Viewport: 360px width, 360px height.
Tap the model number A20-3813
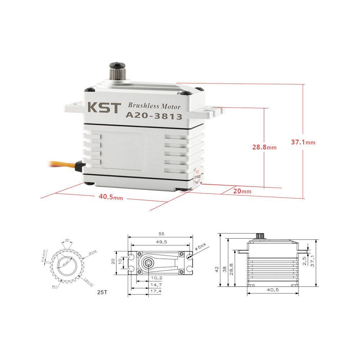(x=153, y=116)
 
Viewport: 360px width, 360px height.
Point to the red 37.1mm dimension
(x=303, y=142)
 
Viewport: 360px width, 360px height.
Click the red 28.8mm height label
(x=264, y=147)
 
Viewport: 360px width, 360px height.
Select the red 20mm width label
(x=242, y=191)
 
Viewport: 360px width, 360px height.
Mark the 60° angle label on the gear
(x=67, y=240)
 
